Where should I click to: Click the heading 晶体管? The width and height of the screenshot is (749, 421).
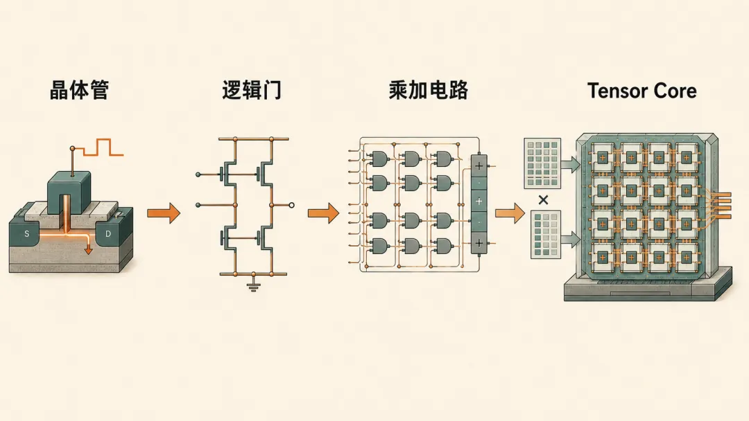[x=79, y=90]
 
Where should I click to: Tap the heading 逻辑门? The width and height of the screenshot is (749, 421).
[x=252, y=90]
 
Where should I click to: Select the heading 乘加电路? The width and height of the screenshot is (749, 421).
[x=429, y=90]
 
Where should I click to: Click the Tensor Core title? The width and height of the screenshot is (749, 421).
[x=642, y=91]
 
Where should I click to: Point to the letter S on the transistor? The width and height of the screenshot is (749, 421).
[x=27, y=233]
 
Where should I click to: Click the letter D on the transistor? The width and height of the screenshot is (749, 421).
[x=108, y=233]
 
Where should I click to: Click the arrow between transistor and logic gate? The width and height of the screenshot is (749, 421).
[x=164, y=213]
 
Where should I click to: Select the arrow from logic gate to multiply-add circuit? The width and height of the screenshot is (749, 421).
[x=323, y=213]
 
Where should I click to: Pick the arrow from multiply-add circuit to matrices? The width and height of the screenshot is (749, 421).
[x=510, y=213]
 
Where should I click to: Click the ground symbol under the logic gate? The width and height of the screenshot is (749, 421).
[x=253, y=286]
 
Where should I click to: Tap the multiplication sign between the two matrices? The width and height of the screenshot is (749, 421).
[x=543, y=200]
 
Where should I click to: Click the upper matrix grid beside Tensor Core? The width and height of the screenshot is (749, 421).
[x=542, y=163]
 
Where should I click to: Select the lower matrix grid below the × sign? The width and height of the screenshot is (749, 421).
[x=546, y=235]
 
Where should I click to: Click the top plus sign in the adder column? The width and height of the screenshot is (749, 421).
[x=479, y=166]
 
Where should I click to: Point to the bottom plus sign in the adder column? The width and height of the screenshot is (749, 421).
[x=479, y=243]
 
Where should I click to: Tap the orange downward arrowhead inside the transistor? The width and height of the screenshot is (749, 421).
[x=88, y=250]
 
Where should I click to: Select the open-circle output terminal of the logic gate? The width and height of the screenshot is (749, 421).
[x=291, y=206]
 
